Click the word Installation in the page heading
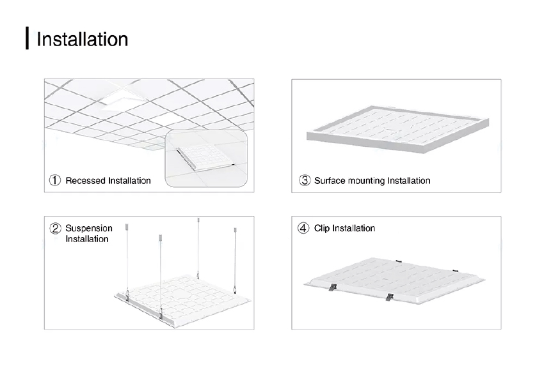[x=82, y=39]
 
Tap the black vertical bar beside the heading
[x=28, y=38]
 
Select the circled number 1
[x=56, y=180]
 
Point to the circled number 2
[x=56, y=228]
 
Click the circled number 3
[x=305, y=180]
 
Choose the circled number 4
[x=304, y=228]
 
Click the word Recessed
[x=86, y=180]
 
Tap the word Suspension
[x=89, y=228]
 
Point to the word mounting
[x=367, y=180]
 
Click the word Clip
[x=323, y=228]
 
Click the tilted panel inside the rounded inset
[x=204, y=156]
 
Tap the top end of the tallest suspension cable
[x=198, y=220]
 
